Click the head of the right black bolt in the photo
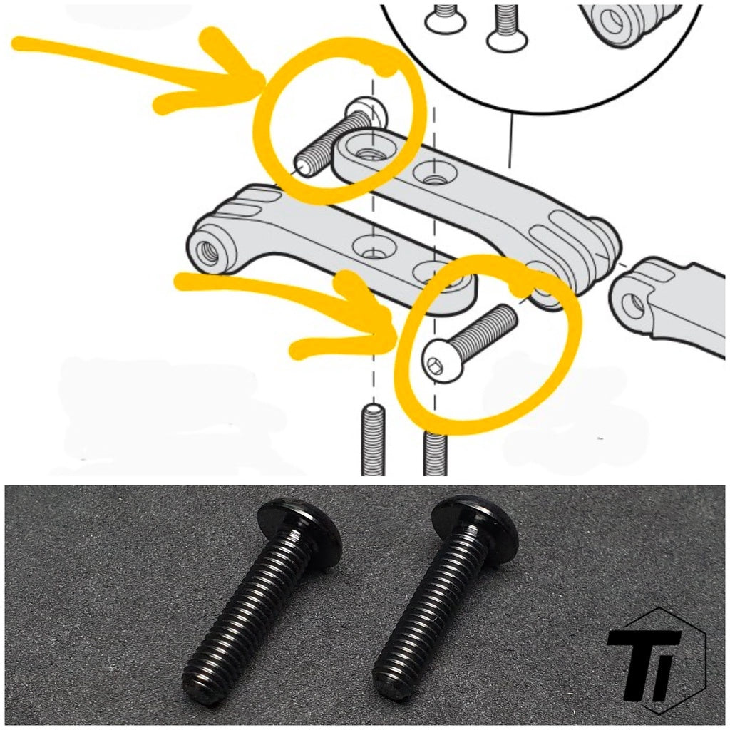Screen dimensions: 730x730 coord(475,523)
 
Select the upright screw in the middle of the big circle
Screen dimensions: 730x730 coord(508,28)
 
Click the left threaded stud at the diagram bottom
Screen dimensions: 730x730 coord(373,440)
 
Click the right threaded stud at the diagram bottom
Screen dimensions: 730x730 coord(436,454)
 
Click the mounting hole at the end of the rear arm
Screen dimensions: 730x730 coord(371,150)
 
